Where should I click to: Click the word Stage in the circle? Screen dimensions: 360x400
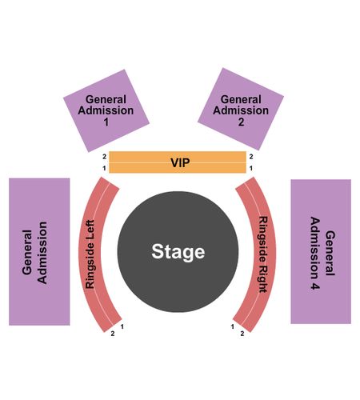[x=178, y=252]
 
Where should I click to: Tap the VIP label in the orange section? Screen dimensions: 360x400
[x=180, y=162]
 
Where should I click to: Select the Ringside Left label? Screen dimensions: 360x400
[x=90, y=254]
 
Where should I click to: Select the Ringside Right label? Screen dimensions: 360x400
[x=263, y=254]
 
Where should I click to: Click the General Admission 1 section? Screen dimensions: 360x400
[x=106, y=110]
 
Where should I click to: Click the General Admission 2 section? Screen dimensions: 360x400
[x=241, y=109]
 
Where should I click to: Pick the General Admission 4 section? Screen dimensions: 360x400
[x=321, y=251]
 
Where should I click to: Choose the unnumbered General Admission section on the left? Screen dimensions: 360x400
[x=39, y=252]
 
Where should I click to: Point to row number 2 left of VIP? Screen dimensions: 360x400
[x=104, y=157]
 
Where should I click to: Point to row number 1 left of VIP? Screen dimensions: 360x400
[x=104, y=168]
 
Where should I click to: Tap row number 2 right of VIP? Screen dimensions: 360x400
[x=251, y=157]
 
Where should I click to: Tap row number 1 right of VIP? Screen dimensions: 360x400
[x=251, y=168]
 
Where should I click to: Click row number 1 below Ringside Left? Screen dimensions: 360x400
[x=122, y=326]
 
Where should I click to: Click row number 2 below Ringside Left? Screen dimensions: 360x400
[x=113, y=334]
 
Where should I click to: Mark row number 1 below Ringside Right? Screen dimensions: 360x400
[x=233, y=326]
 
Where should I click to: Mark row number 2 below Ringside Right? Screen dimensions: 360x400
[x=242, y=334]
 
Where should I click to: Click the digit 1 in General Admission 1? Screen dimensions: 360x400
[x=106, y=122]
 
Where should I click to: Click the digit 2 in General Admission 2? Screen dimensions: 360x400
[x=241, y=122]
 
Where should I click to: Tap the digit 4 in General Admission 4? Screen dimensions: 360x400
[x=314, y=286]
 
